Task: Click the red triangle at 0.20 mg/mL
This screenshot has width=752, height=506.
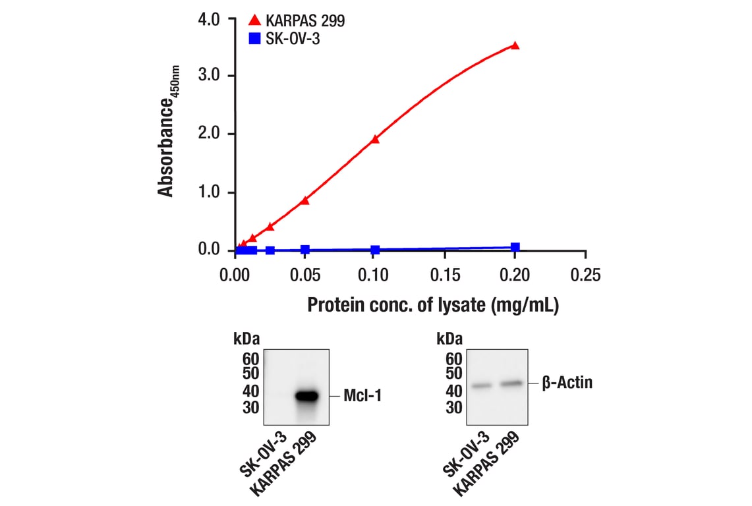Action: [515, 45]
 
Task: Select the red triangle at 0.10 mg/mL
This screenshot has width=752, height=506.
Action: [375, 139]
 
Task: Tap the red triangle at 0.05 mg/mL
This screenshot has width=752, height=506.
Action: [304, 200]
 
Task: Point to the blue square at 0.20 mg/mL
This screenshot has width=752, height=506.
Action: [515, 247]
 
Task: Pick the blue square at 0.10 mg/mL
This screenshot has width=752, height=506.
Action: [375, 250]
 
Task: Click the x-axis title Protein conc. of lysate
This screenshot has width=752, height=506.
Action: [433, 306]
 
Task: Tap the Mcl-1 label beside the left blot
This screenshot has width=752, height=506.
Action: [362, 396]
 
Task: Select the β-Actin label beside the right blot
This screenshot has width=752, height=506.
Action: [567, 382]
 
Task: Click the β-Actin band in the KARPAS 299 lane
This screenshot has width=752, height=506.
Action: [511, 383]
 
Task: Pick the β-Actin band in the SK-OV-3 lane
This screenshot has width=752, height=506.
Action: [482, 385]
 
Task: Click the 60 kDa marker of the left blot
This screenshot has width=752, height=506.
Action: [251, 359]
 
